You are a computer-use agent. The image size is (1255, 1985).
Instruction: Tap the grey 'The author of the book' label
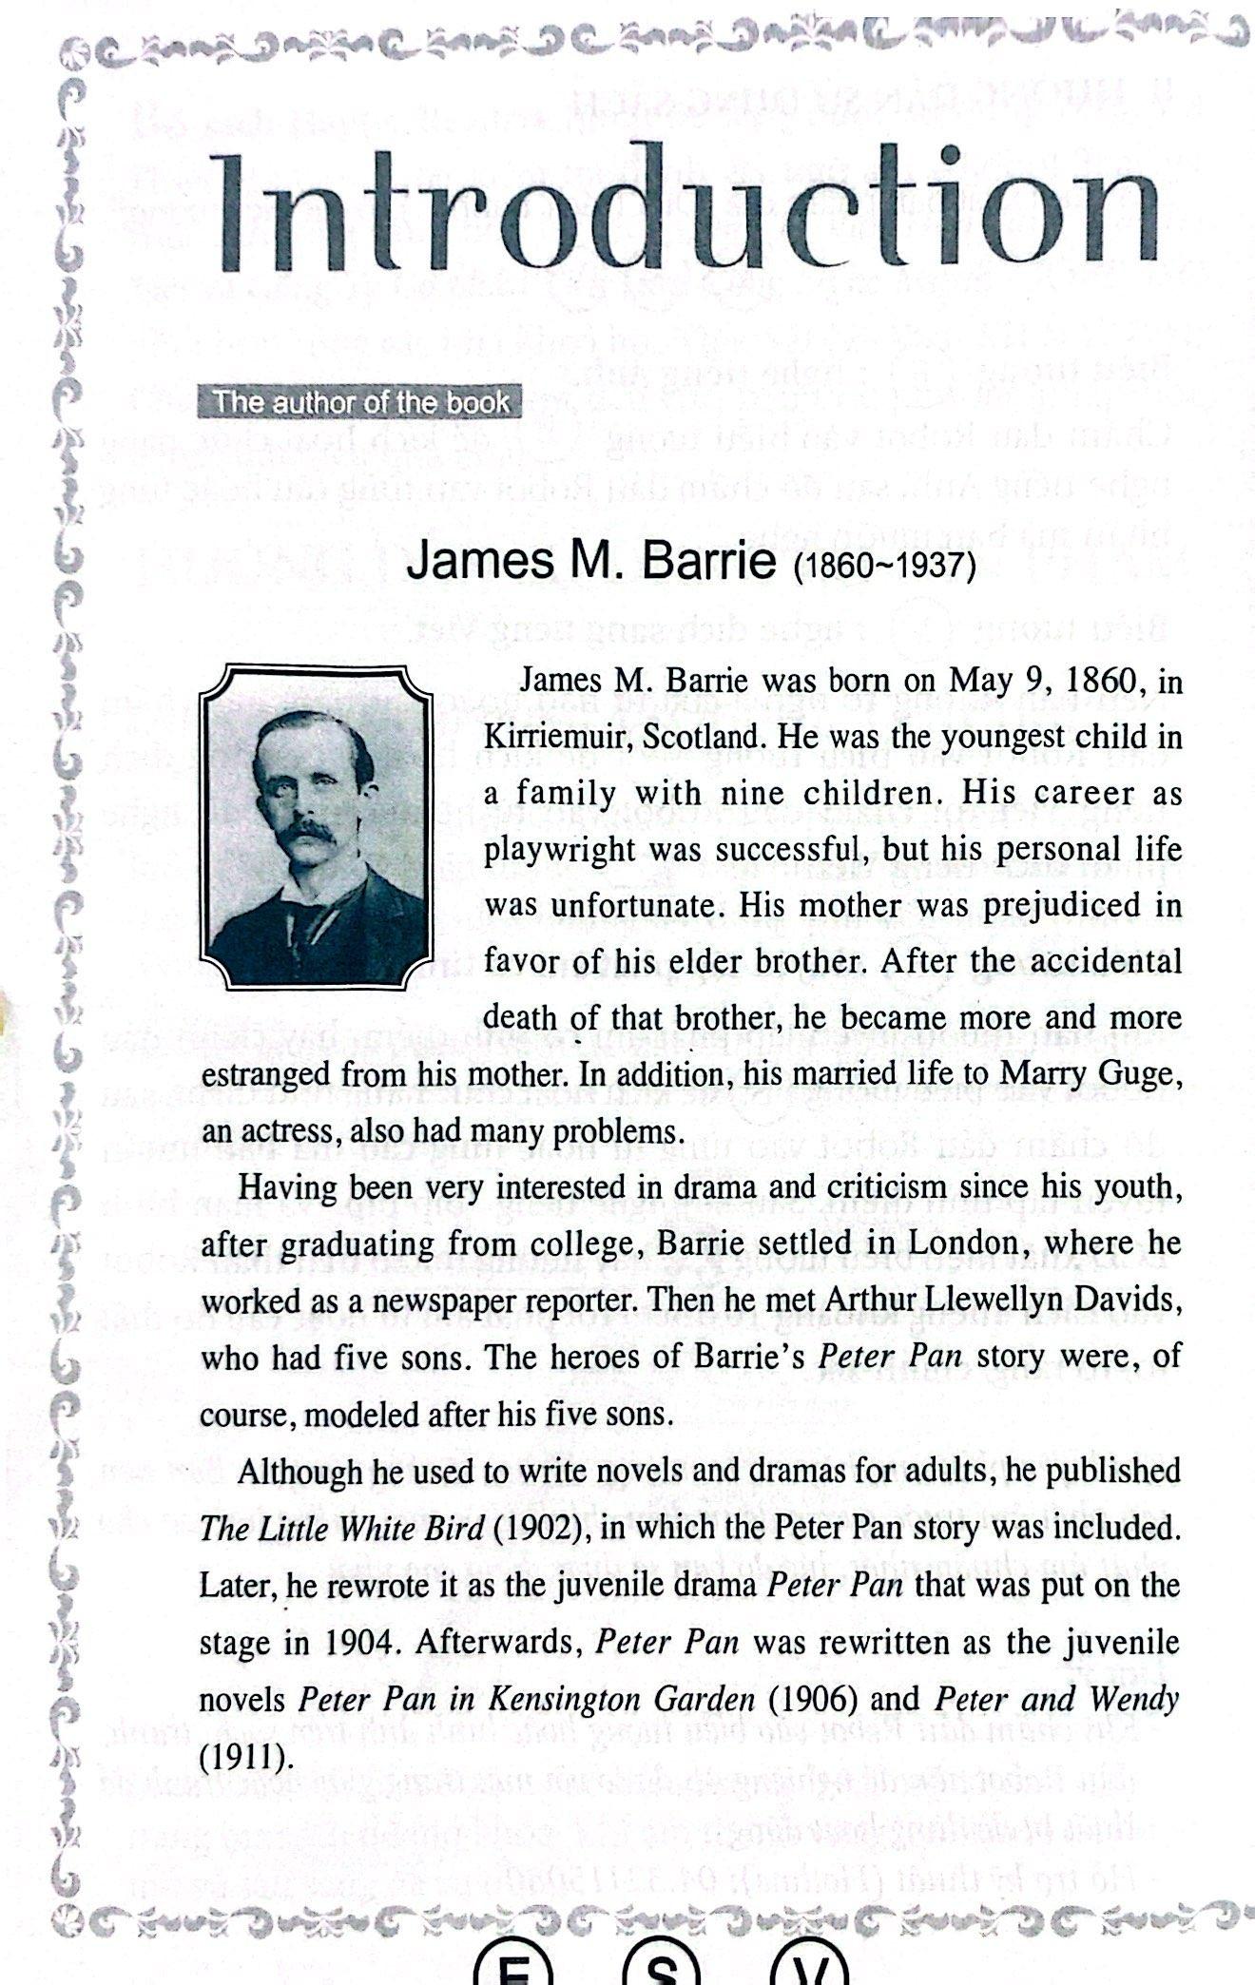(x=360, y=402)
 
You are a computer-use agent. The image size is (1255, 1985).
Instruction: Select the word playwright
(x=559, y=848)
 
